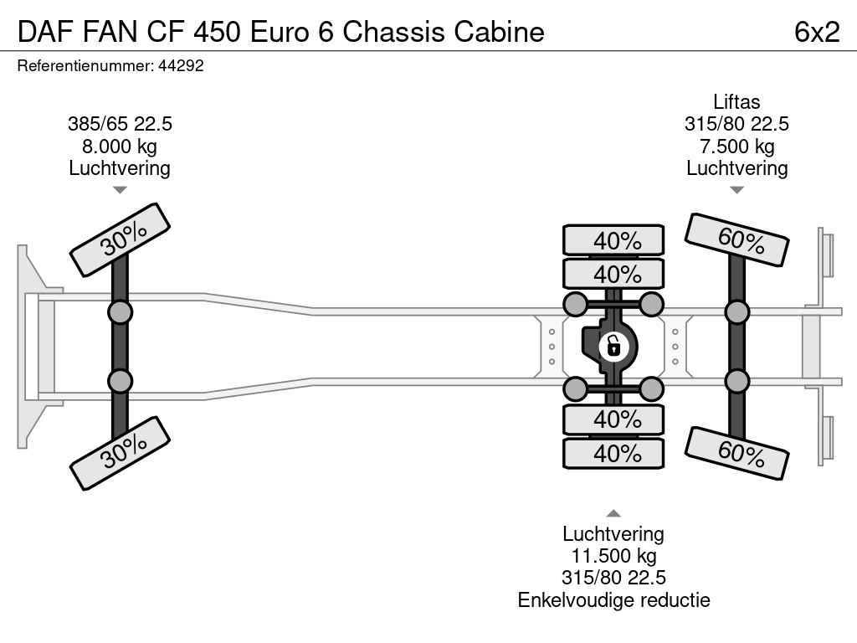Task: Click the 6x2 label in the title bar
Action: point(816,31)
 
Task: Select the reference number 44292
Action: point(181,66)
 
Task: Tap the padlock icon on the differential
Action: point(613,345)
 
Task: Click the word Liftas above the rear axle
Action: point(736,102)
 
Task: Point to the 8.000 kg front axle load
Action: point(120,147)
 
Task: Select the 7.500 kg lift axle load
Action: point(736,147)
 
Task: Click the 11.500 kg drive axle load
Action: point(613,556)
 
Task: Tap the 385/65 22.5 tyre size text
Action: point(120,124)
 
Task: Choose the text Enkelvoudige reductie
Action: point(613,599)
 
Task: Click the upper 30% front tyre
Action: point(121,239)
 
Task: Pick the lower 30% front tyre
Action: point(121,455)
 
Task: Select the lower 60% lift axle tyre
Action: point(737,453)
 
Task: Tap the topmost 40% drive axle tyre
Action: point(613,241)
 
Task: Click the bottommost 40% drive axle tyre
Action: point(613,454)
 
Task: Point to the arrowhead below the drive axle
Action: point(613,513)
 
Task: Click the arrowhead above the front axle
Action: point(120,190)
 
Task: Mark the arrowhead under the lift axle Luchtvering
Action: point(736,190)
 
